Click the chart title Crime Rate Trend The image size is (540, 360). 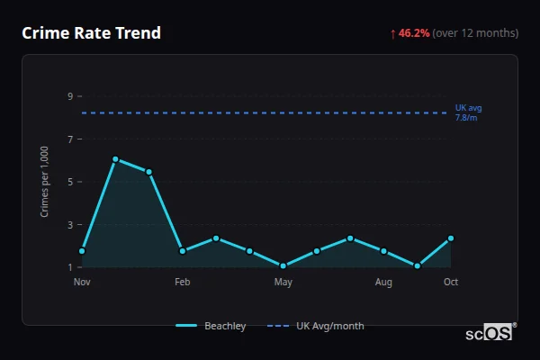pos(92,33)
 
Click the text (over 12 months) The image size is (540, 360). pos(475,33)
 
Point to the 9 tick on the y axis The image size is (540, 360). pos(69,96)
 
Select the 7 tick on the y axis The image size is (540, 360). pos(69,139)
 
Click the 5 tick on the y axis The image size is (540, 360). pos(69,182)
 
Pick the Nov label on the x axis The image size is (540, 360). pos(82,282)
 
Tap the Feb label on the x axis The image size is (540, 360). pos(183,282)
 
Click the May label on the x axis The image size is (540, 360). pos(283,282)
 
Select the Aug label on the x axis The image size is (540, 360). pos(383,282)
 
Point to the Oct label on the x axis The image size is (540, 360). pos(451,282)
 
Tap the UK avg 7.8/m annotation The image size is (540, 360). pos(468,112)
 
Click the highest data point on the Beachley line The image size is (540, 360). pos(115,159)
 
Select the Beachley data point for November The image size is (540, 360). pos(82,251)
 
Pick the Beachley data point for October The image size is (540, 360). pos(451,238)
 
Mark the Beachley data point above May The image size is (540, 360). pos(283,265)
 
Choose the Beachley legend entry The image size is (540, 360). pos(211,326)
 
